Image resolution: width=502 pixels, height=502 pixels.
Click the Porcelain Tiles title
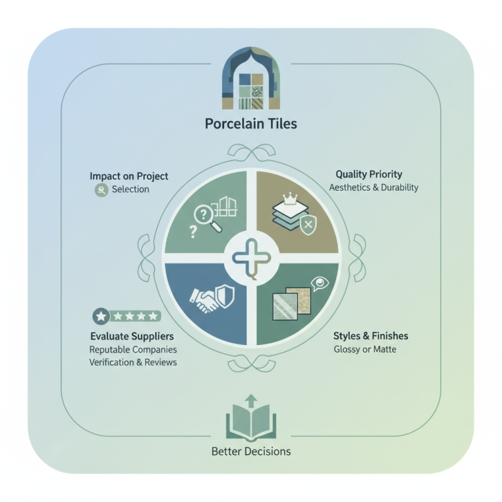coord(251,124)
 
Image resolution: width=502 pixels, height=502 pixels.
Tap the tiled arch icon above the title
coord(251,78)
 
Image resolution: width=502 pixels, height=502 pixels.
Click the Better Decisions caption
coord(251,451)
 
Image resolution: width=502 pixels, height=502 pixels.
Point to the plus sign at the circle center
coord(252,257)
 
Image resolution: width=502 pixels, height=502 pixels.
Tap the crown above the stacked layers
coord(290,198)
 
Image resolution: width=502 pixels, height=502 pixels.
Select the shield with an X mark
coord(308,225)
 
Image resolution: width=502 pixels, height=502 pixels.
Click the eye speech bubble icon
coord(319,284)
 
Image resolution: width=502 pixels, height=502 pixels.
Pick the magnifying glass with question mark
coord(208,218)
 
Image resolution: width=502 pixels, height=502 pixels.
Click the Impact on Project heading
coord(129,176)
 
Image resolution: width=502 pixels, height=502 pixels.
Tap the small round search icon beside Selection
coord(102,190)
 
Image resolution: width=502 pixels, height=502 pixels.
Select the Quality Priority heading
coord(369,174)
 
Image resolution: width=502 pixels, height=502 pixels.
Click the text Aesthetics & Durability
coord(373,187)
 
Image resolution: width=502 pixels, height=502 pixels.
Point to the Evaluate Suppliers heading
coord(132,336)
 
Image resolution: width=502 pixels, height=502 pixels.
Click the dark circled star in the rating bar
coord(101,317)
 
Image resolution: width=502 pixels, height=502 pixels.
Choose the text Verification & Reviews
coord(133,363)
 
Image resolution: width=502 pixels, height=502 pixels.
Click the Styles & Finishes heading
coord(371,336)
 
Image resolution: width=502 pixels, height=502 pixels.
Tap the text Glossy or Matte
coord(365,349)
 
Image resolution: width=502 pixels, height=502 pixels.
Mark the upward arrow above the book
coord(251,400)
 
